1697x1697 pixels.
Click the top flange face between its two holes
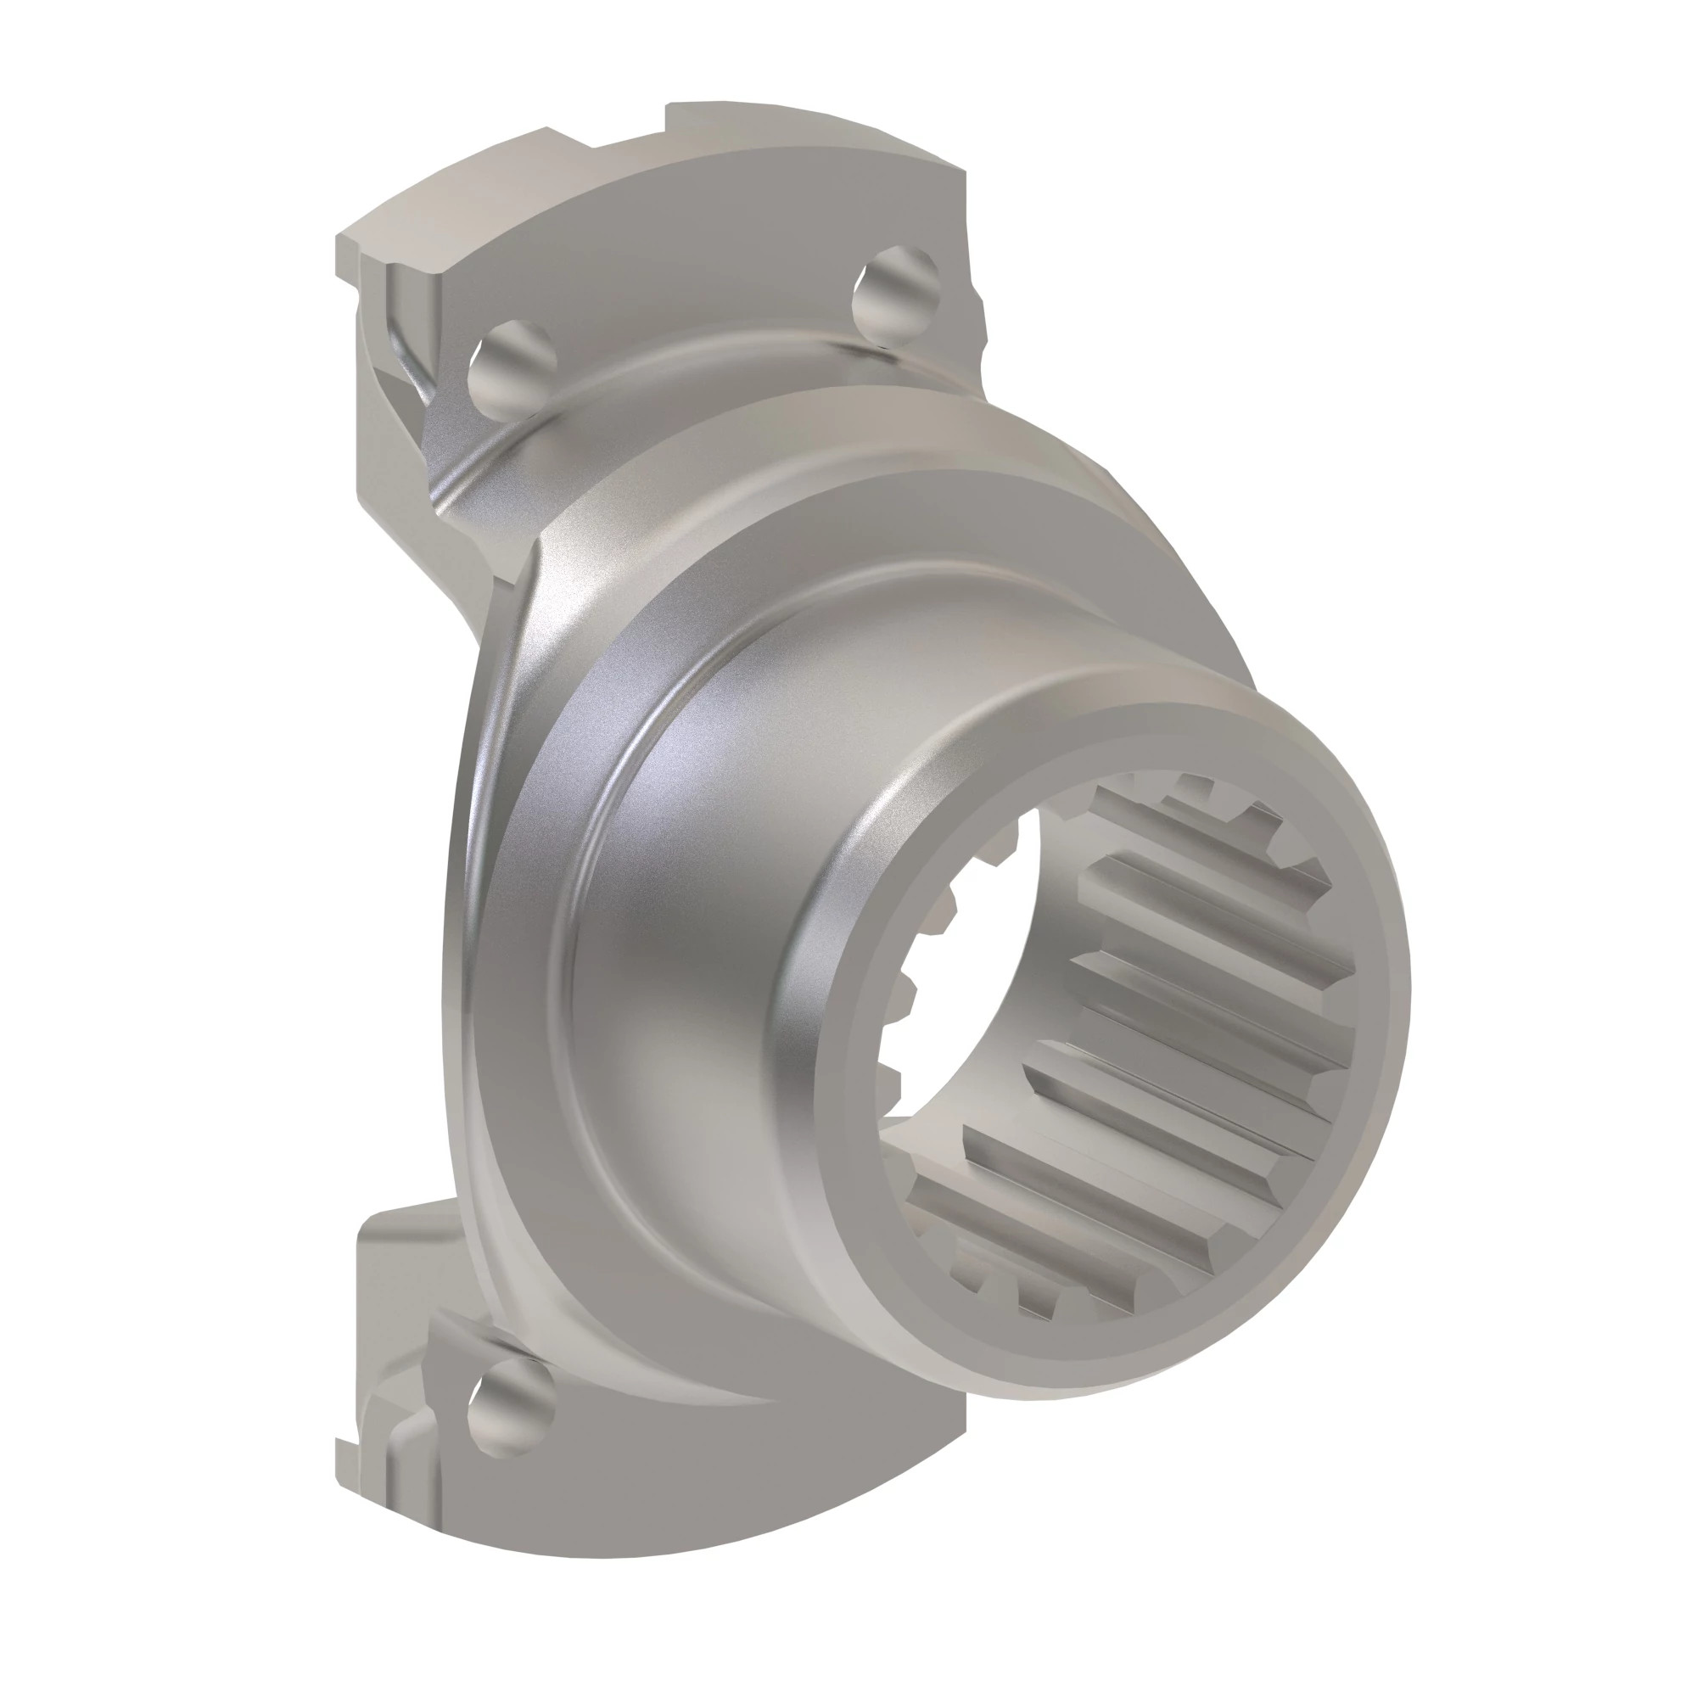703,290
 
